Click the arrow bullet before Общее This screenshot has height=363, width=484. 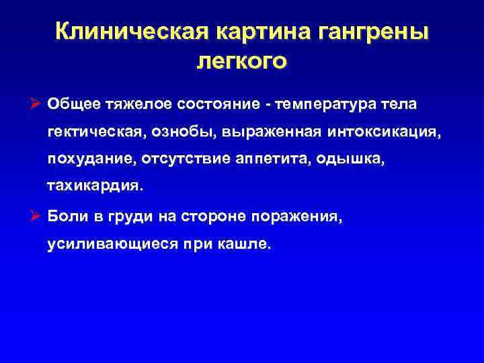coord(38,104)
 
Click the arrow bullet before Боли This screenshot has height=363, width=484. coord(38,217)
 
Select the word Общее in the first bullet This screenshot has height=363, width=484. coord(73,104)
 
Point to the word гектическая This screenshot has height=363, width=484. coord(91,132)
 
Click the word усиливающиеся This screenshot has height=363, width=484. coord(109,245)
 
